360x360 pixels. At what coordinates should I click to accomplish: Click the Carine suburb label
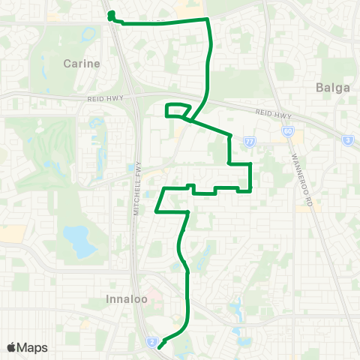[x=82, y=64]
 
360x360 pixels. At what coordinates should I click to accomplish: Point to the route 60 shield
[x=289, y=131]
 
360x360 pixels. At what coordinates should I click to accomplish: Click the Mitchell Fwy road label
[x=137, y=191]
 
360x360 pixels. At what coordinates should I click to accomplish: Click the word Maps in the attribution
[x=33, y=347]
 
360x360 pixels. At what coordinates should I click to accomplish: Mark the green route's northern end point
[x=111, y=14]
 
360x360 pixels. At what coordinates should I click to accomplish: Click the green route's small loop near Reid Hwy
[x=175, y=111]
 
